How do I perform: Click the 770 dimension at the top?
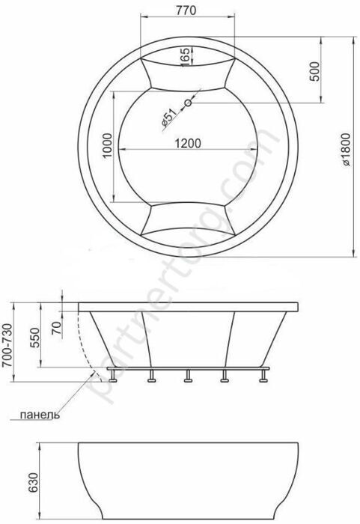tap(187, 10)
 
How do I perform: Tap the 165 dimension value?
tap(186, 56)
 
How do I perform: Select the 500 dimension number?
tap(314, 71)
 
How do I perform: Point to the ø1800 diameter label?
tap(346, 150)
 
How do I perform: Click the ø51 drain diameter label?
tap(169, 118)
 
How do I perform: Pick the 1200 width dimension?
tap(188, 143)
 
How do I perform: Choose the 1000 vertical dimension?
tap(106, 146)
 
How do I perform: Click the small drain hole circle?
tap(189, 103)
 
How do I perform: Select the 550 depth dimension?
tap(34, 338)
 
